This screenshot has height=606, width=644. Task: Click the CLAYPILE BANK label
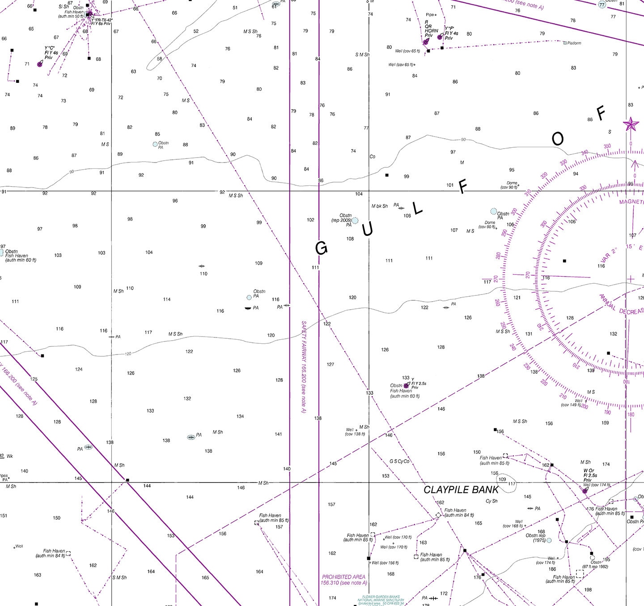[x=461, y=490]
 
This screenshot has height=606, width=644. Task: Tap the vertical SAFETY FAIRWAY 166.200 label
[x=304, y=367]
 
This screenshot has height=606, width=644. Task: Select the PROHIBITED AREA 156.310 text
[x=343, y=580]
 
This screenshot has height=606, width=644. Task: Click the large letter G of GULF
[x=321, y=248]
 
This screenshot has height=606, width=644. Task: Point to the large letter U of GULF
[x=367, y=230]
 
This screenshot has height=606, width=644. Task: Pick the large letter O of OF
[x=558, y=139]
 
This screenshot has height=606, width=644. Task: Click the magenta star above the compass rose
[x=631, y=124]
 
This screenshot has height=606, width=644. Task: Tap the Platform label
[x=574, y=43]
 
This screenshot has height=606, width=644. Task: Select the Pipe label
[x=430, y=15]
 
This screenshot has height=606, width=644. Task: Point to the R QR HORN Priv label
[x=431, y=29]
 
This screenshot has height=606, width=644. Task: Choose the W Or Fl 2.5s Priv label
[x=589, y=475]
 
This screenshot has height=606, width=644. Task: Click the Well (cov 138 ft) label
[x=355, y=432]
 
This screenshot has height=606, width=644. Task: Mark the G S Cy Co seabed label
[x=399, y=461]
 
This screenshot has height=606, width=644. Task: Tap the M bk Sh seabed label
[x=379, y=206]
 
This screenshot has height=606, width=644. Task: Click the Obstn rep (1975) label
[x=535, y=538]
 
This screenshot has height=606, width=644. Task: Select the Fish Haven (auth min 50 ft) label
[x=71, y=14]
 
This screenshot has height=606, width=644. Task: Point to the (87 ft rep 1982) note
[x=595, y=567]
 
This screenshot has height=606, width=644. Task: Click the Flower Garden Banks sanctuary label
[x=381, y=600]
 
